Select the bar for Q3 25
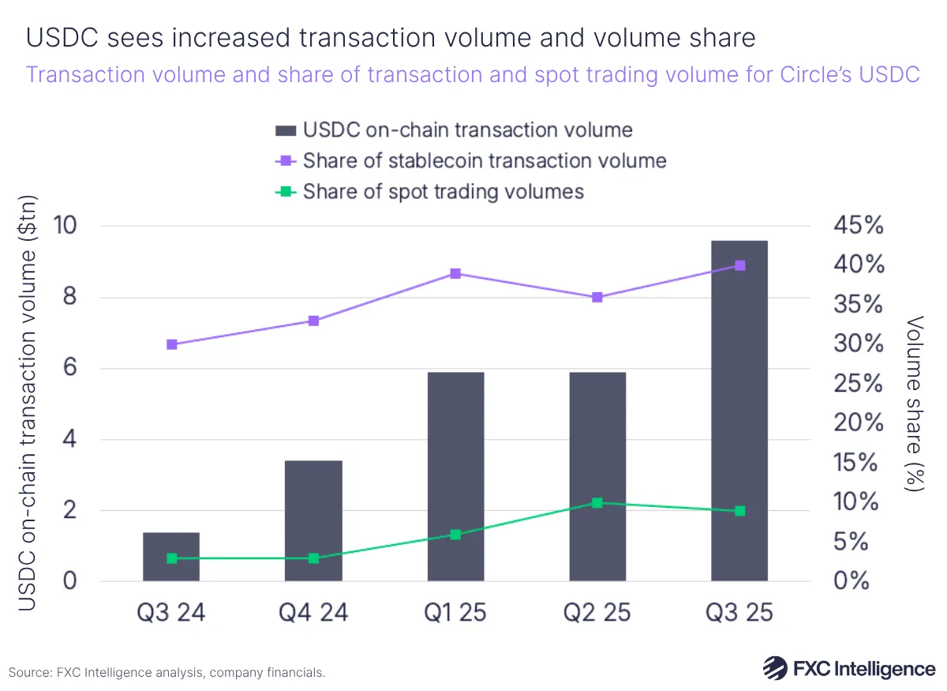click(739, 411)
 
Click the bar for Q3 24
click(171, 557)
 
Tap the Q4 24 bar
click(313, 520)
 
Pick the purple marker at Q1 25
click(455, 273)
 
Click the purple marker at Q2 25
click(597, 297)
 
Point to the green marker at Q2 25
click(597, 502)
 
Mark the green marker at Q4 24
click(313, 558)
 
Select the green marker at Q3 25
click(739, 511)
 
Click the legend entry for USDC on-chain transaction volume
click(454, 130)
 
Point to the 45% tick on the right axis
click(858, 226)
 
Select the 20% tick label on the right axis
click(858, 423)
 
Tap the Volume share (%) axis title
click(915, 404)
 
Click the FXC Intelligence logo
click(848, 668)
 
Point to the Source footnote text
click(167, 673)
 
